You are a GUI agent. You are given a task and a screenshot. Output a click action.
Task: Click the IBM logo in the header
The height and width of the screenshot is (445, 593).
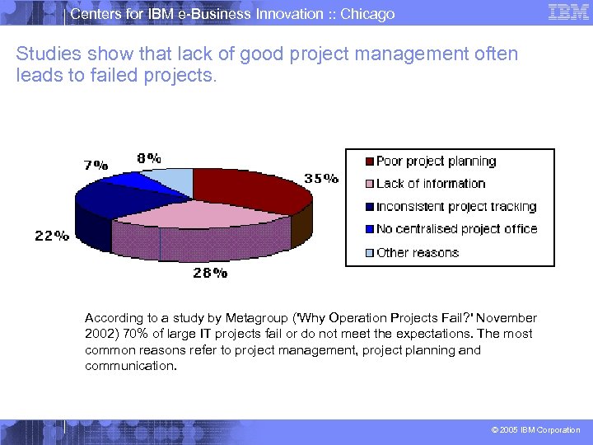pos(567,12)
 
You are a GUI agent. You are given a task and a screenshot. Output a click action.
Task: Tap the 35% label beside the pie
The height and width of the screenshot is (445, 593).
pos(321,178)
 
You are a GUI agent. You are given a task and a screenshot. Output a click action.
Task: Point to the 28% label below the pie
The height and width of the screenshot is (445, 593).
pos(210,273)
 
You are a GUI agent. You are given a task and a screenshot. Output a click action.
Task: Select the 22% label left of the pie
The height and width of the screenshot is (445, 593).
pos(51,236)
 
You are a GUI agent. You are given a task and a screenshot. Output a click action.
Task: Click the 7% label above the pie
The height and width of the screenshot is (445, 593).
pos(96,164)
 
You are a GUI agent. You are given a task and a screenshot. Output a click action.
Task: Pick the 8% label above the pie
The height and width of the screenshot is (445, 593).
pos(149,158)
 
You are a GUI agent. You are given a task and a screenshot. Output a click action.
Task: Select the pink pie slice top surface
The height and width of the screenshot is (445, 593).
pos(198,218)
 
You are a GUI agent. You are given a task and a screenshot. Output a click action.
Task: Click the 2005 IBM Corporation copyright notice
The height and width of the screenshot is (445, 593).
pos(535,430)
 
